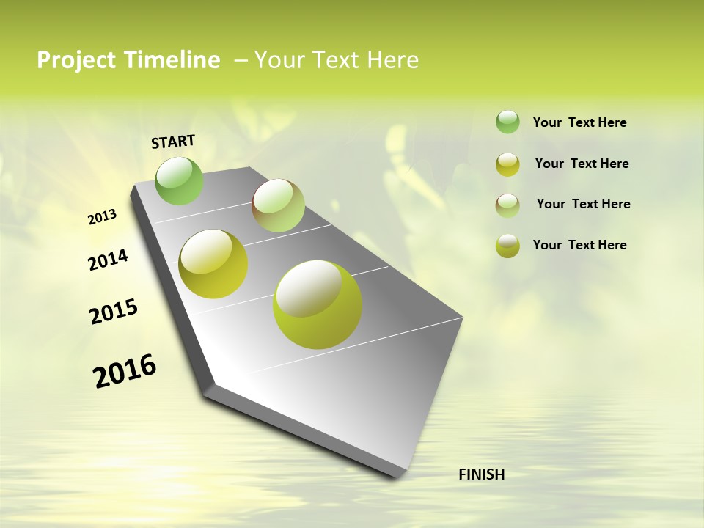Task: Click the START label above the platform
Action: point(173,142)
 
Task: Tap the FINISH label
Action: point(481,474)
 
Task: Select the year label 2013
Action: point(102,217)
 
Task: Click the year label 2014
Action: point(108,260)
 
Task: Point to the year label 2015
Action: point(114,312)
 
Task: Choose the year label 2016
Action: point(125,371)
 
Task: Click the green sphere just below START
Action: point(179,180)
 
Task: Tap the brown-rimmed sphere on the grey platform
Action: point(278,205)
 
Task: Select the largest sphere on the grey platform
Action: point(318,304)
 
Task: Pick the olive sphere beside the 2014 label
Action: point(213,263)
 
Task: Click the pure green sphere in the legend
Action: point(507,122)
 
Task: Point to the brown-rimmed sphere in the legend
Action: point(507,205)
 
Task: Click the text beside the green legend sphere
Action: point(579,123)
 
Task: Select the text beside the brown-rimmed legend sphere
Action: point(583,204)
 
